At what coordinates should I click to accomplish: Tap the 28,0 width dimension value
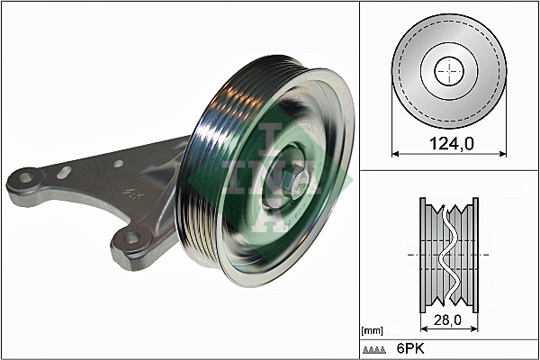447,320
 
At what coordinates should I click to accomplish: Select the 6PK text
410,348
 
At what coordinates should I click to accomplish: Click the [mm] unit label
373,331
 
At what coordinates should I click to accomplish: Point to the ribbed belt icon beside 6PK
374,350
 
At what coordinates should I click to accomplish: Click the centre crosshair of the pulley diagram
449,72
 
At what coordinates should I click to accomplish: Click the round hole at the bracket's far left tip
25,178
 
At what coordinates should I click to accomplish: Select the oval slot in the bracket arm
64,172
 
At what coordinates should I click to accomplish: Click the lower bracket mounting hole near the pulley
132,238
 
